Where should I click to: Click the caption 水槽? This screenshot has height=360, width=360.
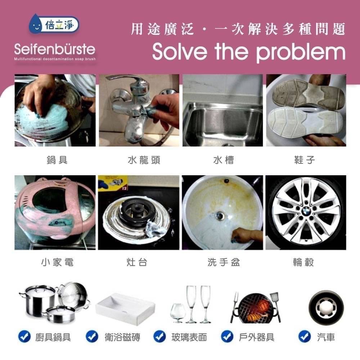click(223, 160)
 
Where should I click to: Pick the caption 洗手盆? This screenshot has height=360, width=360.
click(224, 263)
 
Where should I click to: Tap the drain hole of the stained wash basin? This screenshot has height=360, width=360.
click(220, 216)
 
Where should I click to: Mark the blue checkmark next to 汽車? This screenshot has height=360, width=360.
click(304, 337)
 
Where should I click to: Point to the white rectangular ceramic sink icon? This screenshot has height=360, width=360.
click(126, 308)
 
